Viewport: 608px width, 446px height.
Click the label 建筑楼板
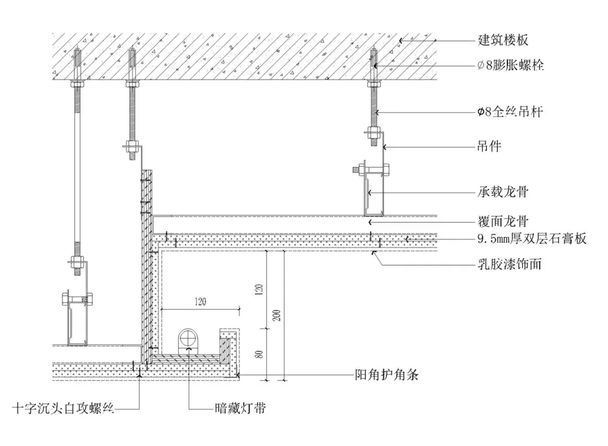pyautogui.click(x=503, y=40)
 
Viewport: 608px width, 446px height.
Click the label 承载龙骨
pyautogui.click(x=503, y=192)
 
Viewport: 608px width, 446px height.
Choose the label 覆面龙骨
pyautogui.click(x=503, y=222)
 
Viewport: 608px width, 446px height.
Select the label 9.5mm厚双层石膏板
pyautogui.click(x=532, y=239)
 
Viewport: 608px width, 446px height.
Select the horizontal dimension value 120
pyautogui.click(x=200, y=301)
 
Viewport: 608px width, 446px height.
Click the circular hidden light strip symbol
pyautogui.click(x=187, y=339)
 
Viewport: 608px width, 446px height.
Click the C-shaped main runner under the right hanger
pyautogui.click(x=373, y=195)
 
